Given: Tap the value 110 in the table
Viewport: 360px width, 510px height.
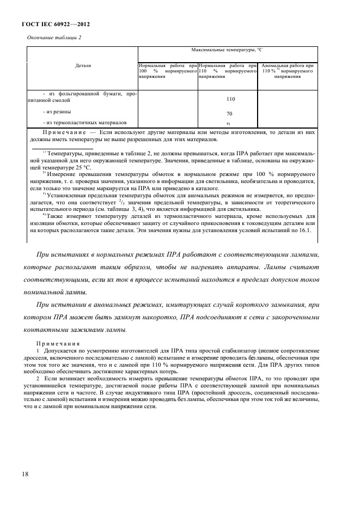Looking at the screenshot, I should click(230, 100).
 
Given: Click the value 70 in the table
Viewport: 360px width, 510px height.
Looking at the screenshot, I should click(230, 114).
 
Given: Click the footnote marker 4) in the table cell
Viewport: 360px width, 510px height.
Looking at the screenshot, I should click(229, 124).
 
